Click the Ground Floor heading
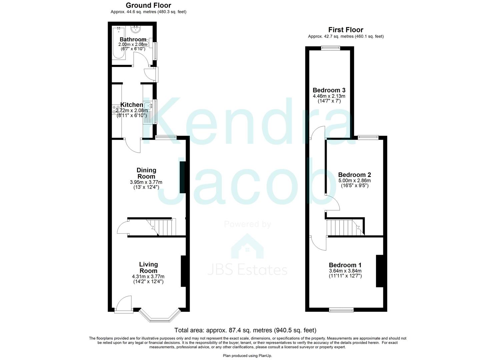click(x=149, y=5)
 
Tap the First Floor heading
click(x=346, y=30)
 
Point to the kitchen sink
click(x=148, y=105)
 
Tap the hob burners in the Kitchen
click(x=116, y=109)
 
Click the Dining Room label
click(x=146, y=173)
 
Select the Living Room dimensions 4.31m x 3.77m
click(x=148, y=276)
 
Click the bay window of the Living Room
click(x=160, y=316)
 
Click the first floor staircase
click(x=345, y=228)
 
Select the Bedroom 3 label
click(x=329, y=90)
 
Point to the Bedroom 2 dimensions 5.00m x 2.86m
click(x=355, y=181)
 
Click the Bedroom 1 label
click(x=345, y=265)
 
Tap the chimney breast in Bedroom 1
click(x=379, y=271)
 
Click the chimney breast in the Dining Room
click(x=183, y=177)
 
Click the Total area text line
click(x=245, y=330)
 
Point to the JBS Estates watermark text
click(x=247, y=270)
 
